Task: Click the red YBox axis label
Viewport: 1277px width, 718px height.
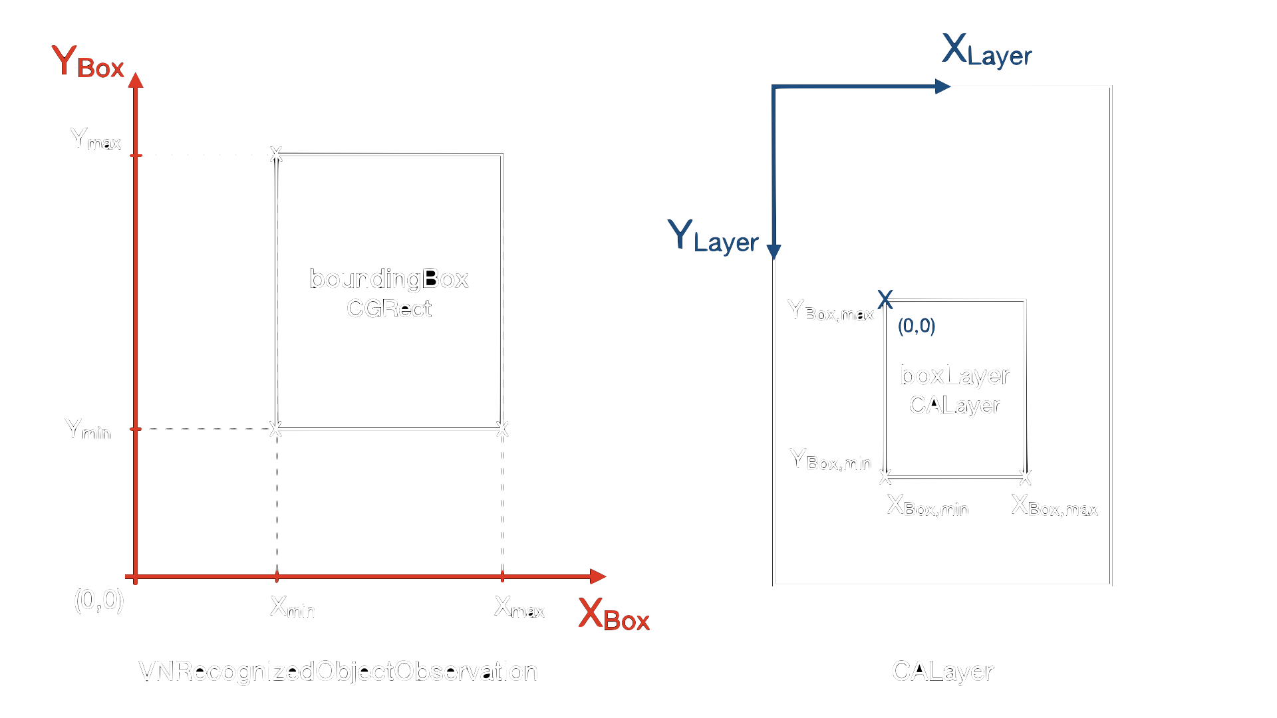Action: click(x=88, y=63)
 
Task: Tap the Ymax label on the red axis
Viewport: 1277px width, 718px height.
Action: click(x=95, y=140)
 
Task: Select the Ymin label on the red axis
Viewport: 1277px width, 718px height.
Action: click(x=87, y=430)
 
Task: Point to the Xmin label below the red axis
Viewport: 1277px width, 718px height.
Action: click(x=292, y=608)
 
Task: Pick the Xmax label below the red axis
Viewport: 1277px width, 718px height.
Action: click(x=519, y=608)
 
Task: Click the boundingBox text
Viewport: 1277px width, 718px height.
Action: click(x=389, y=279)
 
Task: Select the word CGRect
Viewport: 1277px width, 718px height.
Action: click(x=389, y=309)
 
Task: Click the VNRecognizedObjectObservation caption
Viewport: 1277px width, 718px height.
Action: click(x=338, y=671)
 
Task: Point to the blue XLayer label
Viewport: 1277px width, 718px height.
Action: click(x=986, y=51)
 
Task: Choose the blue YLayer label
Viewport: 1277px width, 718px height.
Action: click(x=712, y=237)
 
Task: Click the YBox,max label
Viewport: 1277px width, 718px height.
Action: click(x=830, y=311)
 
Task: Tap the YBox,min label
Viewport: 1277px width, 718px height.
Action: click(x=830, y=460)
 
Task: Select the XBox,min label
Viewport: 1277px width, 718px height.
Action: click(x=927, y=507)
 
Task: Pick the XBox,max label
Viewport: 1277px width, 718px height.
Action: click(x=1054, y=507)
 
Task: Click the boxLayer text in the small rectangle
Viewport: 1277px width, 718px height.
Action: click(x=954, y=376)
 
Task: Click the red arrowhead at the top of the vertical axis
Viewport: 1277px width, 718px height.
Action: click(x=136, y=80)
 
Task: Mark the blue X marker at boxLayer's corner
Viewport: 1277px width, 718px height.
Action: click(x=885, y=299)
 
